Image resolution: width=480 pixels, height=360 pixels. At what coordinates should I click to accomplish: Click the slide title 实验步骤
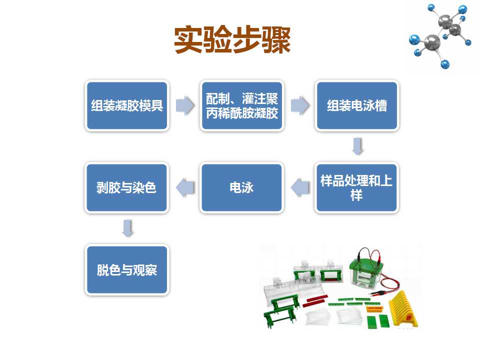pyautogui.click(x=232, y=40)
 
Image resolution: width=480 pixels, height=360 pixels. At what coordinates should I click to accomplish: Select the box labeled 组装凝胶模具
pyautogui.click(x=127, y=105)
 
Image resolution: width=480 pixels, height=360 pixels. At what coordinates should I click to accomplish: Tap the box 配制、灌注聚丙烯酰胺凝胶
pyautogui.click(x=242, y=105)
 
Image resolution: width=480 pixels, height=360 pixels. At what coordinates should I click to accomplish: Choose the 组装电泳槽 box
pyautogui.click(x=357, y=105)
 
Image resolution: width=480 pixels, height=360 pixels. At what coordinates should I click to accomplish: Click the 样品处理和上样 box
pyautogui.click(x=356, y=187)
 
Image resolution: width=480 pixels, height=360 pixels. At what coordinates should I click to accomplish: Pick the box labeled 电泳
pyautogui.click(x=241, y=187)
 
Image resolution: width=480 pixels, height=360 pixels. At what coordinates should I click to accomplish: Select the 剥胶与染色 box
pyautogui.click(x=126, y=187)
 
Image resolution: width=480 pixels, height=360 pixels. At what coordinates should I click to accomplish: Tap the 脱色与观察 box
pyautogui.click(x=127, y=269)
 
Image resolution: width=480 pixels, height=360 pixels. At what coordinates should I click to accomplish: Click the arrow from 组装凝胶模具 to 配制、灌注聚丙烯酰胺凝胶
pyautogui.click(x=185, y=105)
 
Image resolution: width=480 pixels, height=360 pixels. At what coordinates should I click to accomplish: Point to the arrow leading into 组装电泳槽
pyautogui.click(x=300, y=105)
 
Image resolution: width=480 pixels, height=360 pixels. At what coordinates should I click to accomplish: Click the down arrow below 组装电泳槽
pyautogui.click(x=358, y=146)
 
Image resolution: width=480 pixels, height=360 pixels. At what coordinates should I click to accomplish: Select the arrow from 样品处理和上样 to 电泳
pyautogui.click(x=300, y=187)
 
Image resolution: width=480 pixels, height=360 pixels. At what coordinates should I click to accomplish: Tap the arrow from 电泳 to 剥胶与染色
pyautogui.click(x=185, y=187)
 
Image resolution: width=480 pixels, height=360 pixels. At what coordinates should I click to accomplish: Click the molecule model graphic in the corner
pyautogui.click(x=440, y=36)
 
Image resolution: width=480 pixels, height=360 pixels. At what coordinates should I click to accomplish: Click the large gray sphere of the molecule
pyautogui.click(x=432, y=42)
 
